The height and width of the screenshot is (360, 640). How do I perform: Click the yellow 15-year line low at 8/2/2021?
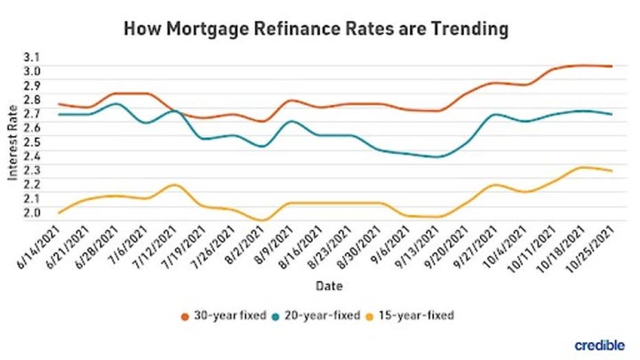pos(262,220)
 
